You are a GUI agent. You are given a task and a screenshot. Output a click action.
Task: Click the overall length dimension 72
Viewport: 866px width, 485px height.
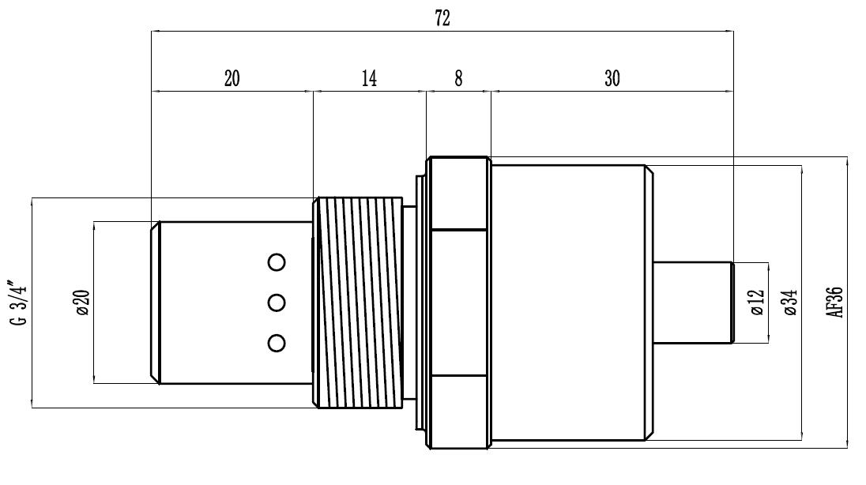[x=442, y=18]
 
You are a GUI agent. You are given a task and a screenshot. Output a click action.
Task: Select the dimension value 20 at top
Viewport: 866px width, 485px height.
[x=232, y=78]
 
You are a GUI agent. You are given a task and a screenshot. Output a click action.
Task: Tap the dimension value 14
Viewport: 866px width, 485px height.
[x=370, y=78]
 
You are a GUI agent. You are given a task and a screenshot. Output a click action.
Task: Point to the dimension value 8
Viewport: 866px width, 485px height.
[x=458, y=78]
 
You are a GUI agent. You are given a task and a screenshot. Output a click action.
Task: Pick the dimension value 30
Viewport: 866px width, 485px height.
[x=612, y=78]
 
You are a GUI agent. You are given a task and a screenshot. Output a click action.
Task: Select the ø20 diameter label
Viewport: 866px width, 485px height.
[x=84, y=303]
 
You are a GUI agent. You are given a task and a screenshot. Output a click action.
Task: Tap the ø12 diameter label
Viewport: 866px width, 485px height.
[x=757, y=303]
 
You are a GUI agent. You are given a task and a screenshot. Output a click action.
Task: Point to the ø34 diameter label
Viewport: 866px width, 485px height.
[x=791, y=303]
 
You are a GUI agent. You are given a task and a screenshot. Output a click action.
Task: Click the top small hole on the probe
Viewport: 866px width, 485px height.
[x=277, y=261]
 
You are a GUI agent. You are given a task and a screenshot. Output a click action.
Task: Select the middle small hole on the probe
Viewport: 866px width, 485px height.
[x=277, y=303]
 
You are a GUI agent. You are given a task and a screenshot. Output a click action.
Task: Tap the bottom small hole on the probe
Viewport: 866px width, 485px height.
[x=277, y=343]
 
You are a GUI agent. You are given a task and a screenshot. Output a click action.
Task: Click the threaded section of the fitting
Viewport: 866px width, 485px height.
[x=358, y=303]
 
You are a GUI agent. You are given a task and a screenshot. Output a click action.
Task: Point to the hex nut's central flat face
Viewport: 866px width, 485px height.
[x=459, y=303]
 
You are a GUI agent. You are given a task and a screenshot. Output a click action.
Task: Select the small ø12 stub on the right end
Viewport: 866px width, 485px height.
[x=693, y=303]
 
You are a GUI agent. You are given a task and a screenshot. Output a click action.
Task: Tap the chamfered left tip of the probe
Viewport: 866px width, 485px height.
[x=156, y=303]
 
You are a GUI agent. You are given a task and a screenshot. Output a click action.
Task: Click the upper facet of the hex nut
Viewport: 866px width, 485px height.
[x=459, y=194]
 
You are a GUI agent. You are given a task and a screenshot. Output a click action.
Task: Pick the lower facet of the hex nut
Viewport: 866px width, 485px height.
[x=459, y=412]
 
